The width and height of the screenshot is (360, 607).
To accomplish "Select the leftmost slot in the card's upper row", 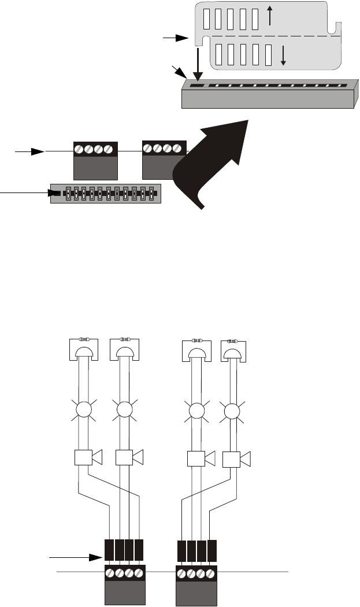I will coord(217,20).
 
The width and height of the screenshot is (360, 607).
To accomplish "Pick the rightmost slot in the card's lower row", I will coord(268,56).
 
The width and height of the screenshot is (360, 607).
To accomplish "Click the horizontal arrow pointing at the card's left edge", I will coord(176,38).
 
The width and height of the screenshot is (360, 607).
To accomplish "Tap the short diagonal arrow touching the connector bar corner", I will coord(180,73).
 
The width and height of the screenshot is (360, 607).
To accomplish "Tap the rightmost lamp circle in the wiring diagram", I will coord(233,412).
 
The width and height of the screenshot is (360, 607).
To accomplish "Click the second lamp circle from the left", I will coord(124,410).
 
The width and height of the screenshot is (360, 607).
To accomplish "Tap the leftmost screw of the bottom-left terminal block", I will coord(110,576).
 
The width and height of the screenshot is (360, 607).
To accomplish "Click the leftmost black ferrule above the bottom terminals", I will coord(109,550).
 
